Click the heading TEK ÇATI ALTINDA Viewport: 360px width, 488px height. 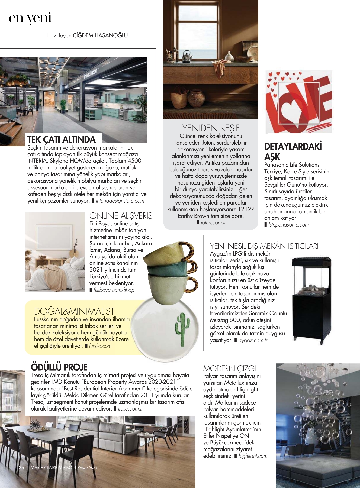[61, 139]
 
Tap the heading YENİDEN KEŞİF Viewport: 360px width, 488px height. [211, 128]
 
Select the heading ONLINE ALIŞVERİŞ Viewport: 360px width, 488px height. [121, 216]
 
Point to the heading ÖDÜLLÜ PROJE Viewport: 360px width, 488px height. [59, 367]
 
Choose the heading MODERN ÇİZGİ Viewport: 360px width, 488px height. [230, 368]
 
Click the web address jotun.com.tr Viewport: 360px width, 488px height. [213, 223]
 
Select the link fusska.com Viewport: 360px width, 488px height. [100, 346]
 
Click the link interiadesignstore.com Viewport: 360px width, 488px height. [120, 201]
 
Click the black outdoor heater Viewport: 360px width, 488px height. [308, 300]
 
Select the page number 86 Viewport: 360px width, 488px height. [21, 468]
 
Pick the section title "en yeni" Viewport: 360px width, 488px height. [30, 18]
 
